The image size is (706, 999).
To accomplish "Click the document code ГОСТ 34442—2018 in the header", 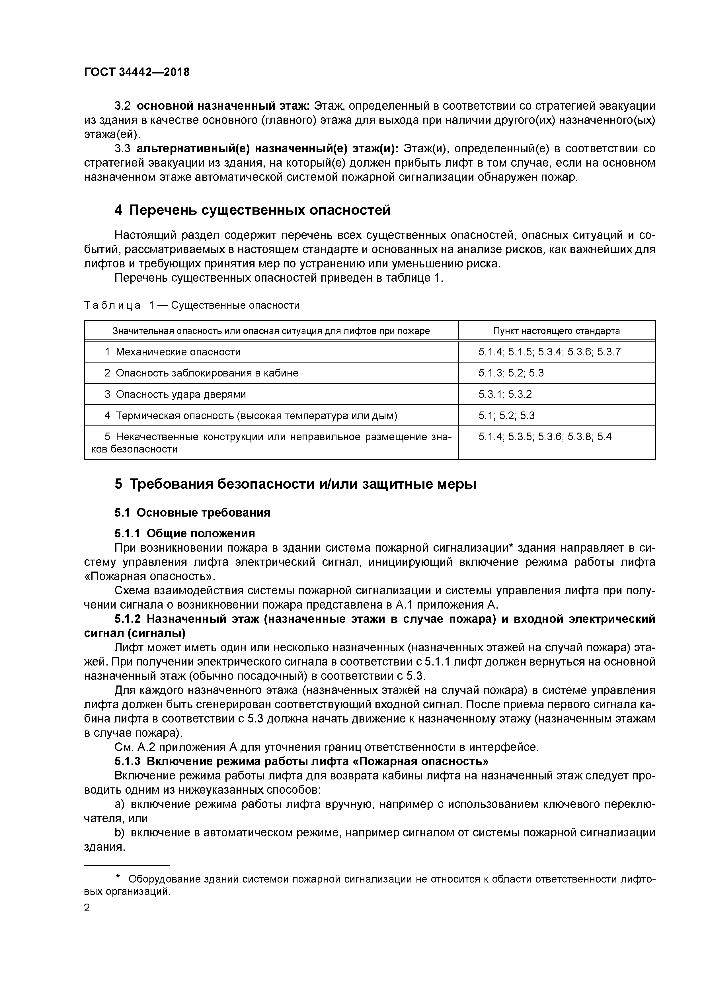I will [x=137, y=72].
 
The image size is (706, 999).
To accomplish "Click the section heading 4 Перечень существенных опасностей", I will [x=252, y=210].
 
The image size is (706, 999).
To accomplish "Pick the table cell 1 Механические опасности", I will [x=173, y=352].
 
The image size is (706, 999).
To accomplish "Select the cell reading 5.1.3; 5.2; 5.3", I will [x=511, y=373].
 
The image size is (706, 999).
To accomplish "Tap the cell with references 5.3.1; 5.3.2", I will [x=505, y=394].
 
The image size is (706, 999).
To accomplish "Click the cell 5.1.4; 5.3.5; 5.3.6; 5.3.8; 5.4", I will [x=545, y=437].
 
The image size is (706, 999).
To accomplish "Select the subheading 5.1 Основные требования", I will [x=192, y=513].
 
